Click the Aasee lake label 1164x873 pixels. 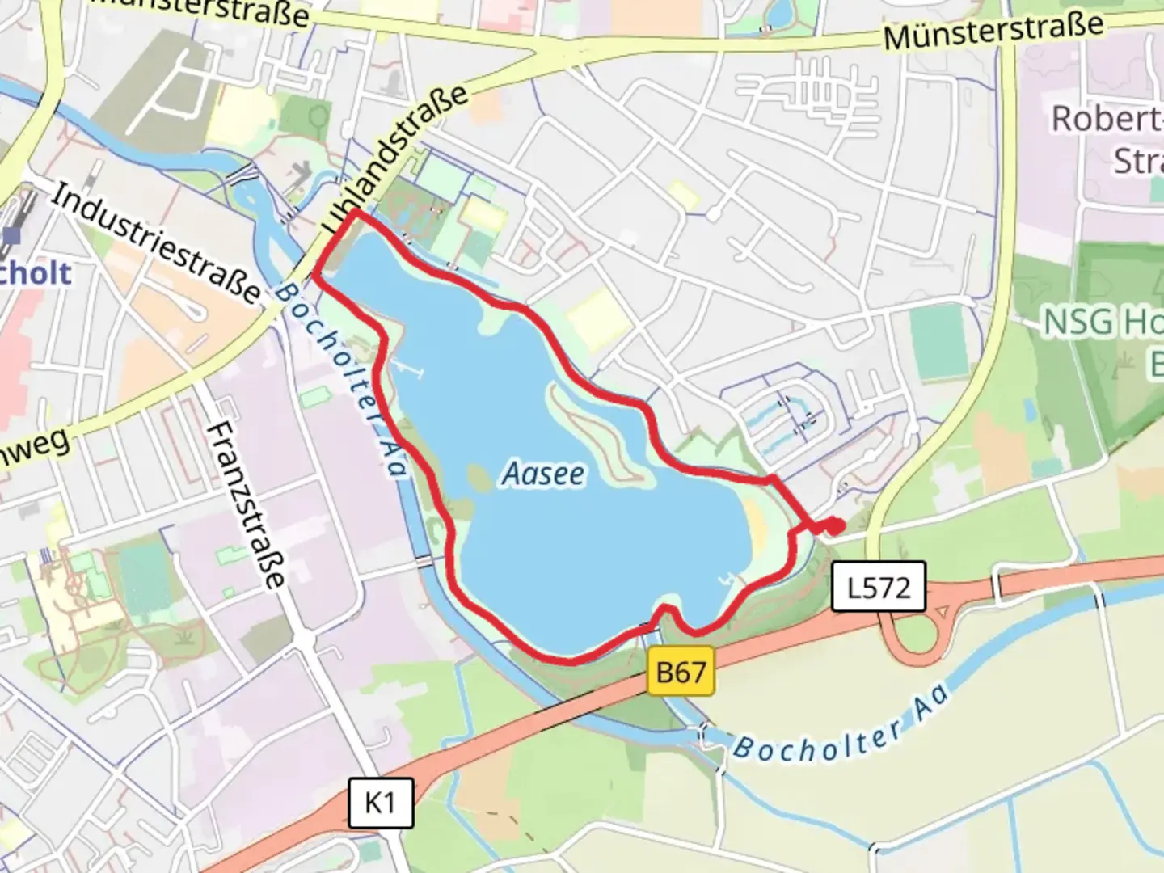543,474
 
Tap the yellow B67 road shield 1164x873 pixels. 681,671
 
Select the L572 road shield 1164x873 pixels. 879,586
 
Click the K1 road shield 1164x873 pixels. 380,803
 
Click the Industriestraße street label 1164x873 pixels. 158,242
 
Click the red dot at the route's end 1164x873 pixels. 835,526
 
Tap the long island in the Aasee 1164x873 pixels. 598,436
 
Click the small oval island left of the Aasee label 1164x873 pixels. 479,479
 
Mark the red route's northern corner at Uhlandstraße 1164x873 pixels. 356,212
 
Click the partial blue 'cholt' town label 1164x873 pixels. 36,272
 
